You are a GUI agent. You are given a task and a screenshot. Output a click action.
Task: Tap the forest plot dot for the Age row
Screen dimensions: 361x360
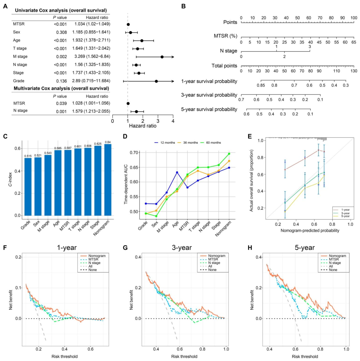coord(142,41)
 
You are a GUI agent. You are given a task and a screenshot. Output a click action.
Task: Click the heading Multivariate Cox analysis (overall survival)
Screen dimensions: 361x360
coord(61,88)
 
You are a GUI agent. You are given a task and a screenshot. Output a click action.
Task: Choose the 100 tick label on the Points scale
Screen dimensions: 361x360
coord(353,18)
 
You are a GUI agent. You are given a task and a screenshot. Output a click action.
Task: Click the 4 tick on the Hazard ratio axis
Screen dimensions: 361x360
coord(173,121)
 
